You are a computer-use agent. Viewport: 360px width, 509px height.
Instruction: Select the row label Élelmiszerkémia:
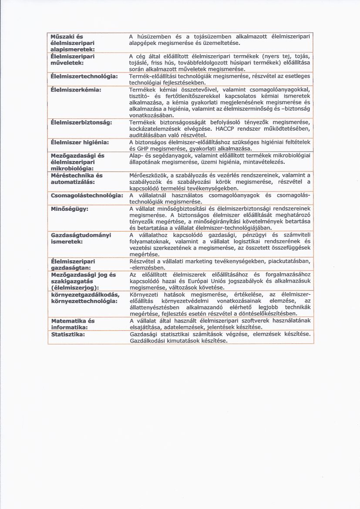(x=76, y=90)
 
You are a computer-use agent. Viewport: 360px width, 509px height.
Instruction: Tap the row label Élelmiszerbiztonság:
(x=81, y=122)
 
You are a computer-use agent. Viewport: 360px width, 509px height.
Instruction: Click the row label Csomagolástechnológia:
(x=87, y=196)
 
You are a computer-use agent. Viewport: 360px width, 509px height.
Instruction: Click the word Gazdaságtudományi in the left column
(x=81, y=235)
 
